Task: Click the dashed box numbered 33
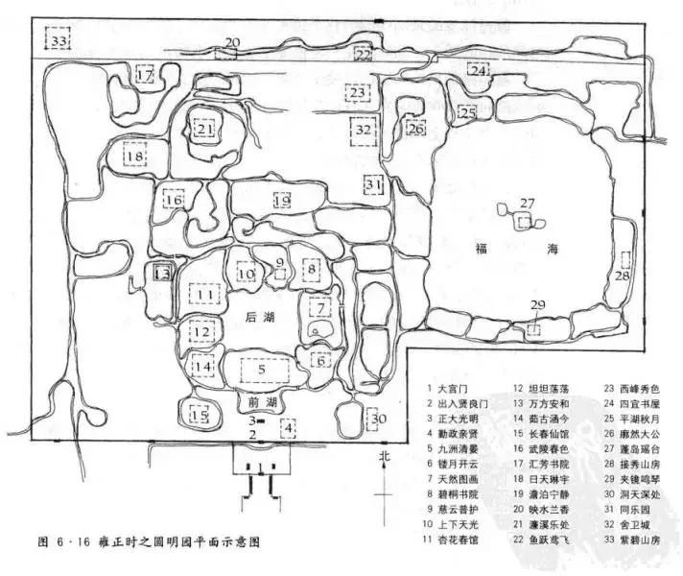click(60, 42)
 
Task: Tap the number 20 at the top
click(232, 41)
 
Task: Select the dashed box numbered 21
click(203, 128)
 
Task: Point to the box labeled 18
click(134, 156)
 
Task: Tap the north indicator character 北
click(384, 456)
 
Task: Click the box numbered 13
click(162, 274)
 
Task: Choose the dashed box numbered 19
click(281, 201)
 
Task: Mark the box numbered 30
click(378, 420)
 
